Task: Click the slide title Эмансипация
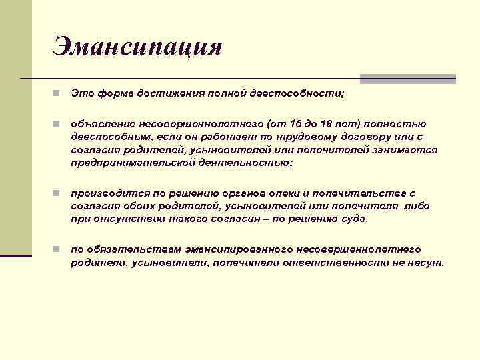click(137, 47)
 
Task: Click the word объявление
click(103, 124)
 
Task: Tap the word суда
click(353, 219)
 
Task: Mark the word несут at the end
click(427, 262)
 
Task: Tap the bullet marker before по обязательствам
click(59, 249)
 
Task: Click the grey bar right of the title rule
click(407, 79)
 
